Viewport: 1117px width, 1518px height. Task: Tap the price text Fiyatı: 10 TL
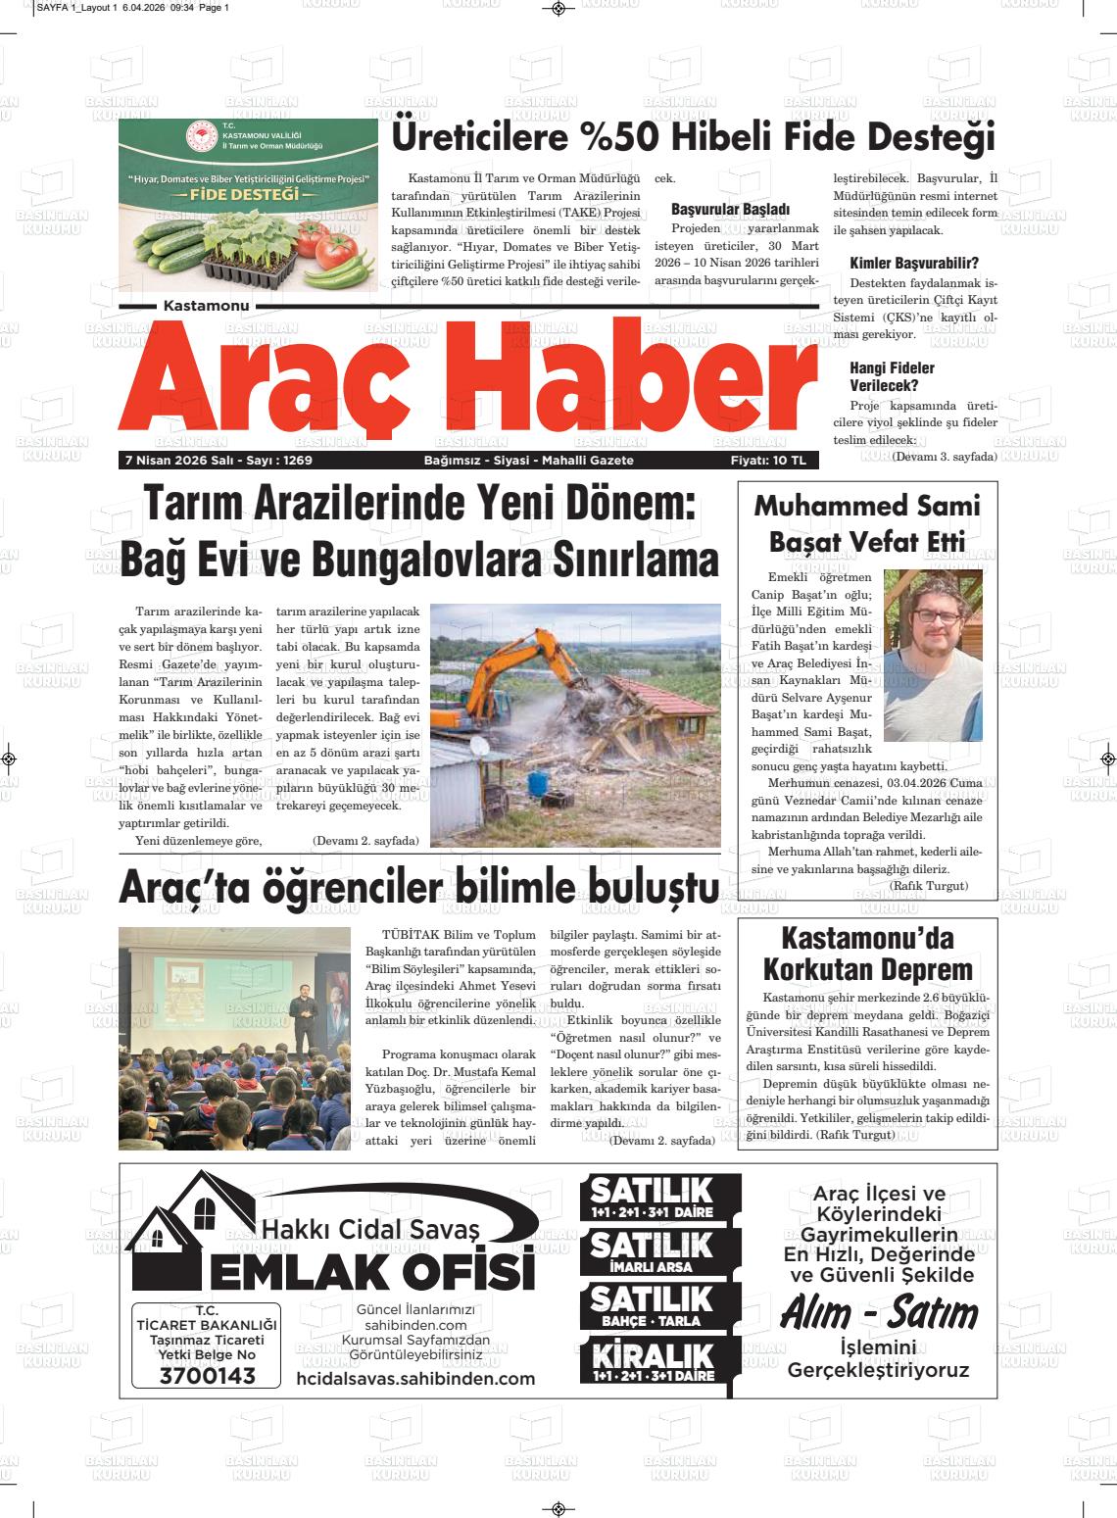(767, 461)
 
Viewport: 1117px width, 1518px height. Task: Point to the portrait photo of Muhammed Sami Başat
(932, 655)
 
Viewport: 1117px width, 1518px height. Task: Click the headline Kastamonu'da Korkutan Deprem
(867, 954)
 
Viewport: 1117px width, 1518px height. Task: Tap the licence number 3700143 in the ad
(207, 1376)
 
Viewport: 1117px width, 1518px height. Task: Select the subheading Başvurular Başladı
(730, 210)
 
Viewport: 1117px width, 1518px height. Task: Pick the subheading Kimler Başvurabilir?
(914, 264)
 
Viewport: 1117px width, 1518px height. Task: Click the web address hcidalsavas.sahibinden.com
(415, 1379)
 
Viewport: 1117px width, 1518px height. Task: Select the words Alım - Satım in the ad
(879, 1314)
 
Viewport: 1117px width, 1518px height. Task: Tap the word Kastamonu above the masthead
(207, 307)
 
